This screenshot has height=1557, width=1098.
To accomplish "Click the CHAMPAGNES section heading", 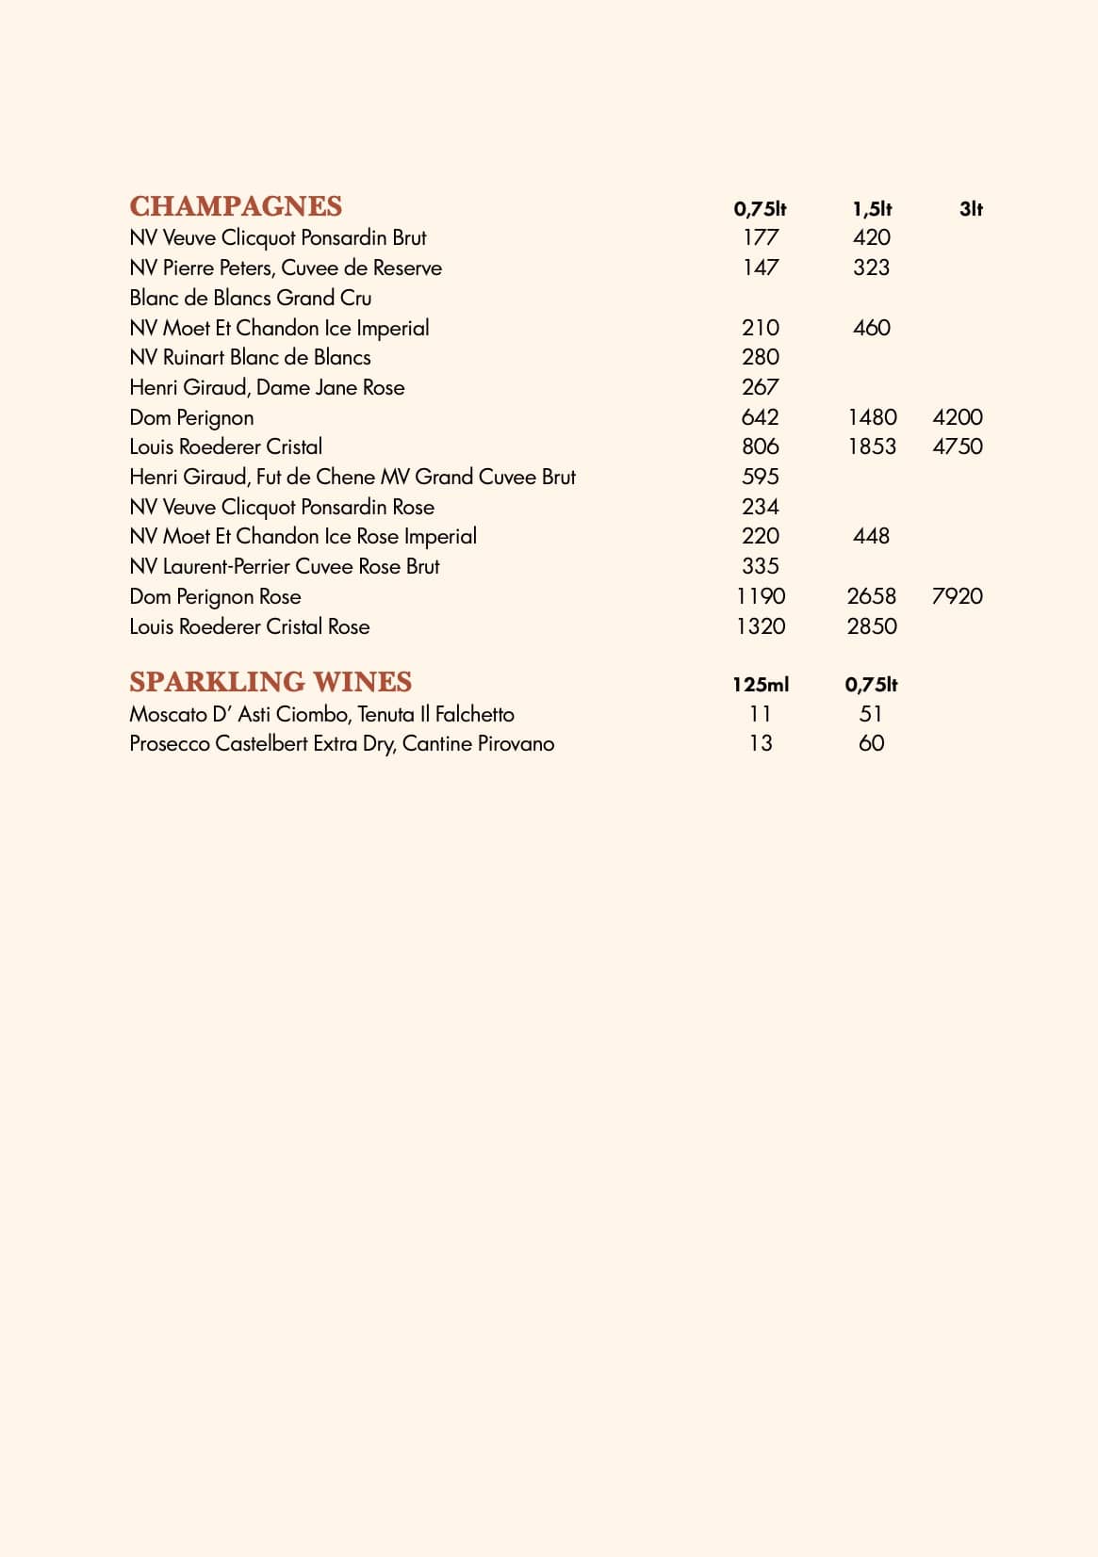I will [x=236, y=206].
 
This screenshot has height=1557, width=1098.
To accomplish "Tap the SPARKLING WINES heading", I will [x=270, y=682].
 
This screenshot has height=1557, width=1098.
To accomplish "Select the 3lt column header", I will [x=971, y=209].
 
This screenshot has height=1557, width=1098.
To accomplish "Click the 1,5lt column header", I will [x=872, y=209].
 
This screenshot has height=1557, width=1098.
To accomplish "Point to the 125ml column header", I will [x=761, y=685].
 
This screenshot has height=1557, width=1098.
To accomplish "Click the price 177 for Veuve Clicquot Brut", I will [x=761, y=237].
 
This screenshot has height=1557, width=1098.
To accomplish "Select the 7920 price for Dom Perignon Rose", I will [x=957, y=596].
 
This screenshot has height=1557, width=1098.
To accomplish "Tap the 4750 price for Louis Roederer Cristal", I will [x=957, y=446].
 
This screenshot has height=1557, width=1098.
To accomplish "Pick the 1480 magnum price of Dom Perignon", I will [x=872, y=417].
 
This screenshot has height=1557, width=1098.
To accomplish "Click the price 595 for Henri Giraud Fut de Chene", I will [x=761, y=477].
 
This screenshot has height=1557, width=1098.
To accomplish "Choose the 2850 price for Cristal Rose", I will [x=872, y=626].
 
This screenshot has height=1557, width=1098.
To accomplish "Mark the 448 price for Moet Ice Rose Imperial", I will [x=871, y=536].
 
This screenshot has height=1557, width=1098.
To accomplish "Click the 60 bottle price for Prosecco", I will [x=871, y=743].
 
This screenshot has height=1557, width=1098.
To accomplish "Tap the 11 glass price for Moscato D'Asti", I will [x=761, y=714].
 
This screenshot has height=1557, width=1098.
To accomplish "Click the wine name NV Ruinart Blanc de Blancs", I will [x=250, y=358].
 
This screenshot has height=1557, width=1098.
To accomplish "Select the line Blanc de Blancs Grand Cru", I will [x=250, y=298].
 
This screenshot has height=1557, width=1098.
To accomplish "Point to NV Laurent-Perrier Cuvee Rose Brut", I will [x=285, y=566].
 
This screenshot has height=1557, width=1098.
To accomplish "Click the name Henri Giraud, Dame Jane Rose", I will [x=267, y=387].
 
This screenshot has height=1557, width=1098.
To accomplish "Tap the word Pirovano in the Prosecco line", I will [x=516, y=744].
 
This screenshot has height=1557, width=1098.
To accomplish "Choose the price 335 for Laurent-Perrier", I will [x=761, y=566].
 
